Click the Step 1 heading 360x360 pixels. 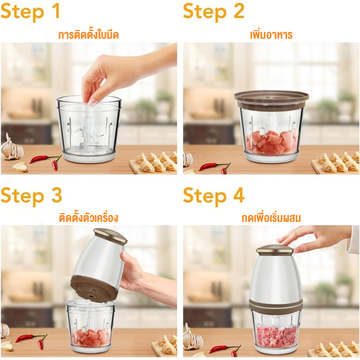tap(31, 12)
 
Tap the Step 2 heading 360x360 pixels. tap(213, 12)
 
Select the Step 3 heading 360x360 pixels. tap(31, 195)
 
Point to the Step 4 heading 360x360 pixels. tap(213, 195)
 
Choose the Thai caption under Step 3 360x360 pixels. tap(89, 217)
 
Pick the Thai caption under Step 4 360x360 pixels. tap(271, 218)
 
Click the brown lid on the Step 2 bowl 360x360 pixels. tap(271, 99)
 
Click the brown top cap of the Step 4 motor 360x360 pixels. tap(275, 250)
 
